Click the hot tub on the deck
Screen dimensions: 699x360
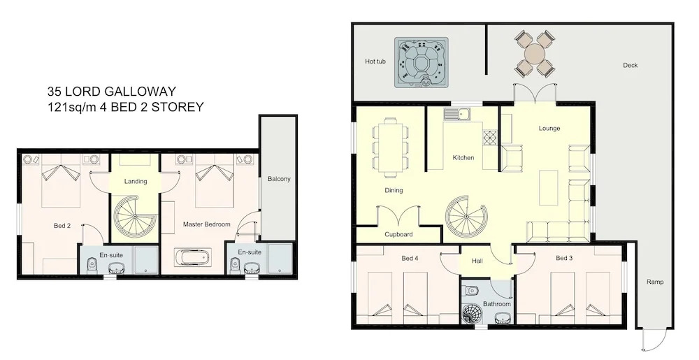pyautogui.click(x=421, y=62)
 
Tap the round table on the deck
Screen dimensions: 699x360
pyautogui.click(x=535, y=54)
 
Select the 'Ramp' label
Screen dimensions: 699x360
pyautogui.click(x=655, y=282)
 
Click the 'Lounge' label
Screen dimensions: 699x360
pyautogui.click(x=549, y=129)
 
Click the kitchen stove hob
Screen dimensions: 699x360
pyautogui.click(x=490, y=138)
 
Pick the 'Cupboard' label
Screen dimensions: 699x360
pyautogui.click(x=398, y=234)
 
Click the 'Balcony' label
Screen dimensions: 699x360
pyautogui.click(x=279, y=179)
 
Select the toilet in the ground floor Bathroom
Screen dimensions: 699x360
pyautogui.click(x=470, y=290)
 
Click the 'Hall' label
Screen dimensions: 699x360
pyautogui.click(x=477, y=261)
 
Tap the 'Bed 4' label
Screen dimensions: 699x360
pyautogui.click(x=409, y=258)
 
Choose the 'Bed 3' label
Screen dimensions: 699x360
pyautogui.click(x=564, y=258)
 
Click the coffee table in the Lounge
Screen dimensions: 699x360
pyautogui.click(x=548, y=187)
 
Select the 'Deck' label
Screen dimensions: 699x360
pyautogui.click(x=630, y=66)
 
